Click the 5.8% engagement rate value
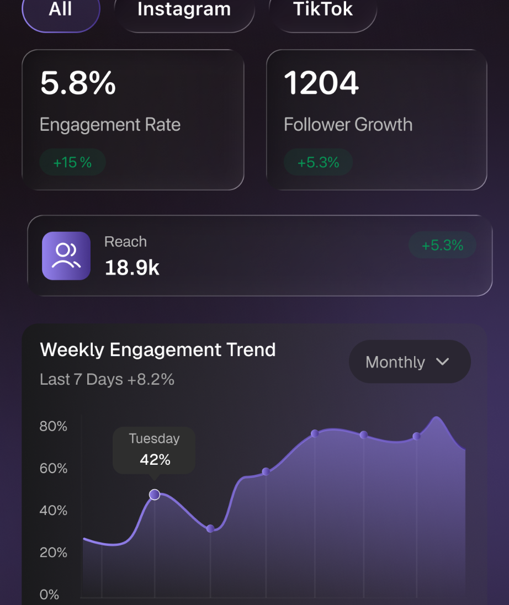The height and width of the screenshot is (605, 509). (x=78, y=83)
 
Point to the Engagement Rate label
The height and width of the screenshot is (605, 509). (x=110, y=125)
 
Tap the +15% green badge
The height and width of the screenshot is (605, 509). (x=72, y=162)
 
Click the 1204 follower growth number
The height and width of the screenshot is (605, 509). (x=321, y=83)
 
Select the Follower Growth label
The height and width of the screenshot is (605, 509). (x=348, y=125)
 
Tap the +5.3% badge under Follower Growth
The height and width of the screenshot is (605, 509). (x=318, y=162)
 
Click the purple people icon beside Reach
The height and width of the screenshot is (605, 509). (x=66, y=256)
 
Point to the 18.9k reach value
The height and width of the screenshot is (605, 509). (x=132, y=268)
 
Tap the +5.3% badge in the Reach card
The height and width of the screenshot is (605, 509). (x=442, y=245)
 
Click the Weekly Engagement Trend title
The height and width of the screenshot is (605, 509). (x=158, y=350)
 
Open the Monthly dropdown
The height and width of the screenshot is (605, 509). (x=410, y=362)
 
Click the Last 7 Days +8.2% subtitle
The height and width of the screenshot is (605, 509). (x=107, y=380)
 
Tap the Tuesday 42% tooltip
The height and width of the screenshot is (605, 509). (x=154, y=449)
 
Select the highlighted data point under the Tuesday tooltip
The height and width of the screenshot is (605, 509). (x=155, y=495)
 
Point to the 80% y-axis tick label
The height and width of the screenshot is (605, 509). (x=54, y=427)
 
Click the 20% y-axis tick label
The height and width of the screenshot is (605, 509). (x=54, y=553)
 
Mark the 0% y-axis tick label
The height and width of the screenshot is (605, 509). (x=49, y=595)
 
